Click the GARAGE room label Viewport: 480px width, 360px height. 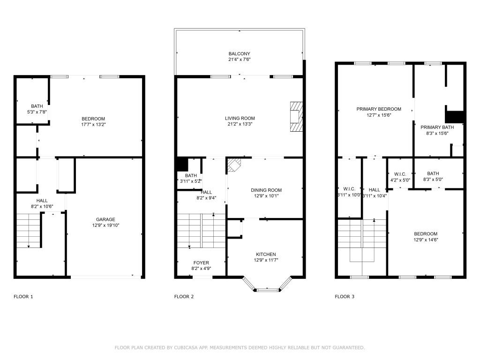[105, 219]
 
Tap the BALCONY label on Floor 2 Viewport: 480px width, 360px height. [240, 54]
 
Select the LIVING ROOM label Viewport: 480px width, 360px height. [240, 118]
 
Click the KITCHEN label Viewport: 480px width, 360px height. [265, 254]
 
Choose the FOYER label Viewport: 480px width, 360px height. [201, 262]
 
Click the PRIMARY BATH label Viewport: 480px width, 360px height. [437, 127]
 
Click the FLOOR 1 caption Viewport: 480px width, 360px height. [23, 296]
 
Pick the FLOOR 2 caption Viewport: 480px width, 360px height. [184, 296]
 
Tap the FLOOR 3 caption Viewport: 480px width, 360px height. [345, 296]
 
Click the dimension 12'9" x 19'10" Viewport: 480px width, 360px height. [105, 225]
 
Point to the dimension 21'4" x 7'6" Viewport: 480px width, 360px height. [240, 60]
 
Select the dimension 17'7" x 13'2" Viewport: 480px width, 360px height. [93, 124]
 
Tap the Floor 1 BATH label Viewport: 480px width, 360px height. [37, 106]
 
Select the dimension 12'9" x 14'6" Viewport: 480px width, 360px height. [426, 240]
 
